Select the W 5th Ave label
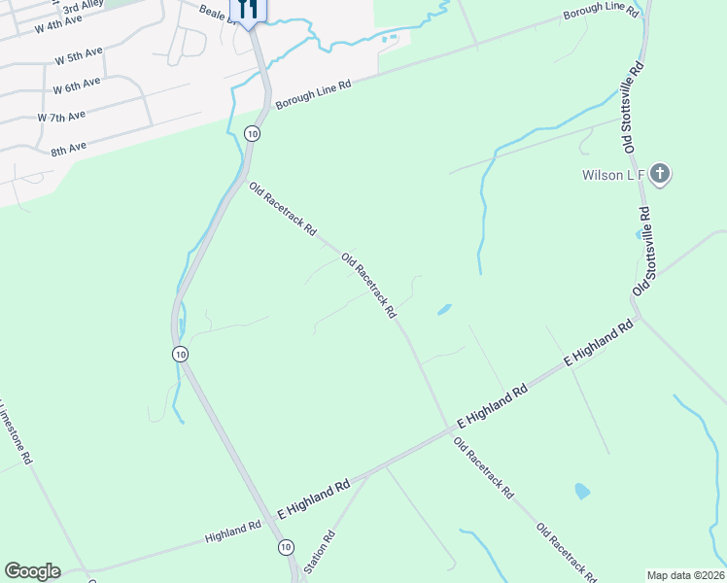[x=80, y=55]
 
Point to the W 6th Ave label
[x=77, y=86]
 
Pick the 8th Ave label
[x=69, y=149]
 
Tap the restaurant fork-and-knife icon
[x=247, y=10]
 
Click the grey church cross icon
[x=660, y=175]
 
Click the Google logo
[x=32, y=571]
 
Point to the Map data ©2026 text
[x=686, y=575]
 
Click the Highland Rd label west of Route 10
[x=233, y=532]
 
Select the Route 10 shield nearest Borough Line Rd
[x=252, y=133]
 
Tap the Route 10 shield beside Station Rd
[x=285, y=548]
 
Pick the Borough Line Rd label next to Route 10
[x=312, y=95]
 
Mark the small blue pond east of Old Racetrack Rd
[x=444, y=310]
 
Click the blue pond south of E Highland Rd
[x=582, y=491]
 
